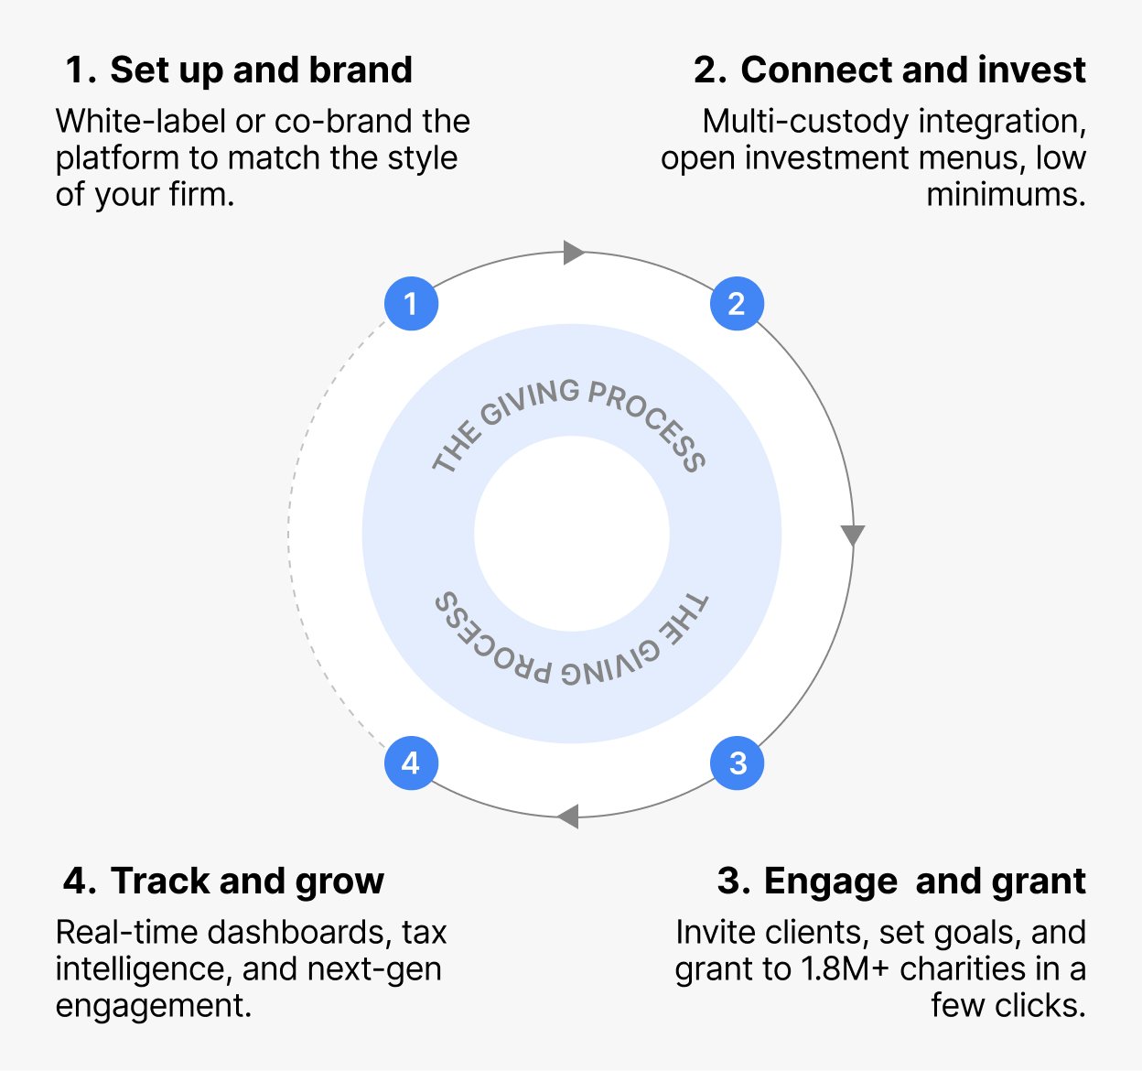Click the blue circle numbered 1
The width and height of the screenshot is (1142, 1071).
411,303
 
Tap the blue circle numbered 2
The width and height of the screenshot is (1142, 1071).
737,303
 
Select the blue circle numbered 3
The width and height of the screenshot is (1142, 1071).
737,763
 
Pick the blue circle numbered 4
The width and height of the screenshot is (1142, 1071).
411,763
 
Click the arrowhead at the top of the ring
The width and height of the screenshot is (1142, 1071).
574,252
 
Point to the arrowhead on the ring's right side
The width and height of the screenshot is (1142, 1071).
853,535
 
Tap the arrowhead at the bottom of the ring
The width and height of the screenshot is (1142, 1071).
568,815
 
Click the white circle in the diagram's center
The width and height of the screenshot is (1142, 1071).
572,534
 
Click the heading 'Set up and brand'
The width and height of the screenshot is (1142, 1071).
261,70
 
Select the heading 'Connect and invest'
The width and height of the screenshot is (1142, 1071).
912,70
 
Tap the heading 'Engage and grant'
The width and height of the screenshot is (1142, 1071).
924,882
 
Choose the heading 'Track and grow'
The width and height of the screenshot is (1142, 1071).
247,882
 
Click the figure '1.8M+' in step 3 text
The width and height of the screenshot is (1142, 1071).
845,969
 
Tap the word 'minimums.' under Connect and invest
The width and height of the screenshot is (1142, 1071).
1006,195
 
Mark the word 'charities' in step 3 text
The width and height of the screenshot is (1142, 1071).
962,969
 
